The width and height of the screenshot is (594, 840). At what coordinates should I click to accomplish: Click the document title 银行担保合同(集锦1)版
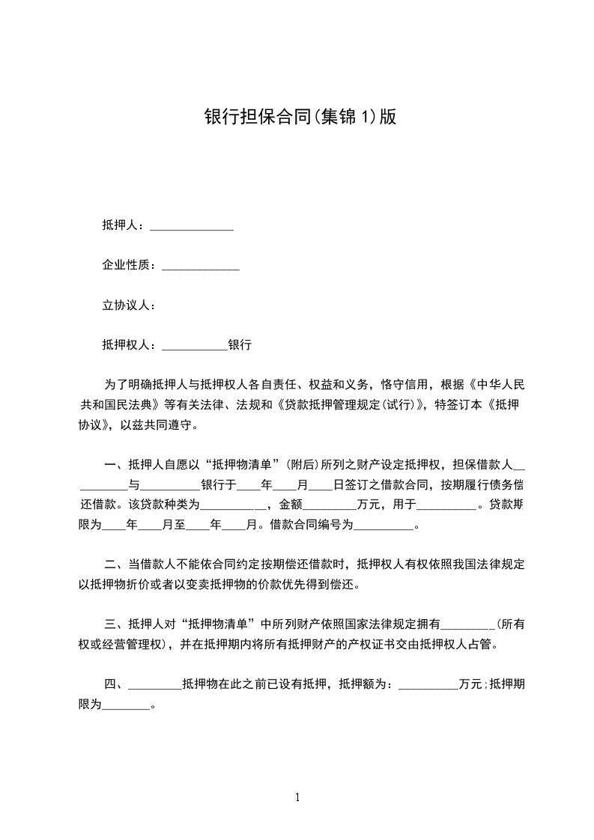point(300,117)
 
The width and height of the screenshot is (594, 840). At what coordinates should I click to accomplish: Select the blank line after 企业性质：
point(201,265)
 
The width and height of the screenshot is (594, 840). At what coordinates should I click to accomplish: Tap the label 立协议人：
point(128,305)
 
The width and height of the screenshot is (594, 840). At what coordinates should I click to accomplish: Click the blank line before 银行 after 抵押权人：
point(194,346)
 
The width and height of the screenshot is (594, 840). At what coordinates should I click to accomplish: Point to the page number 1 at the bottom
point(297,797)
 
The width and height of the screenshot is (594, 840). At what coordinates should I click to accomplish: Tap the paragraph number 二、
point(116,564)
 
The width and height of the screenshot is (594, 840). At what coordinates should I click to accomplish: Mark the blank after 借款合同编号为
point(383,525)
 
